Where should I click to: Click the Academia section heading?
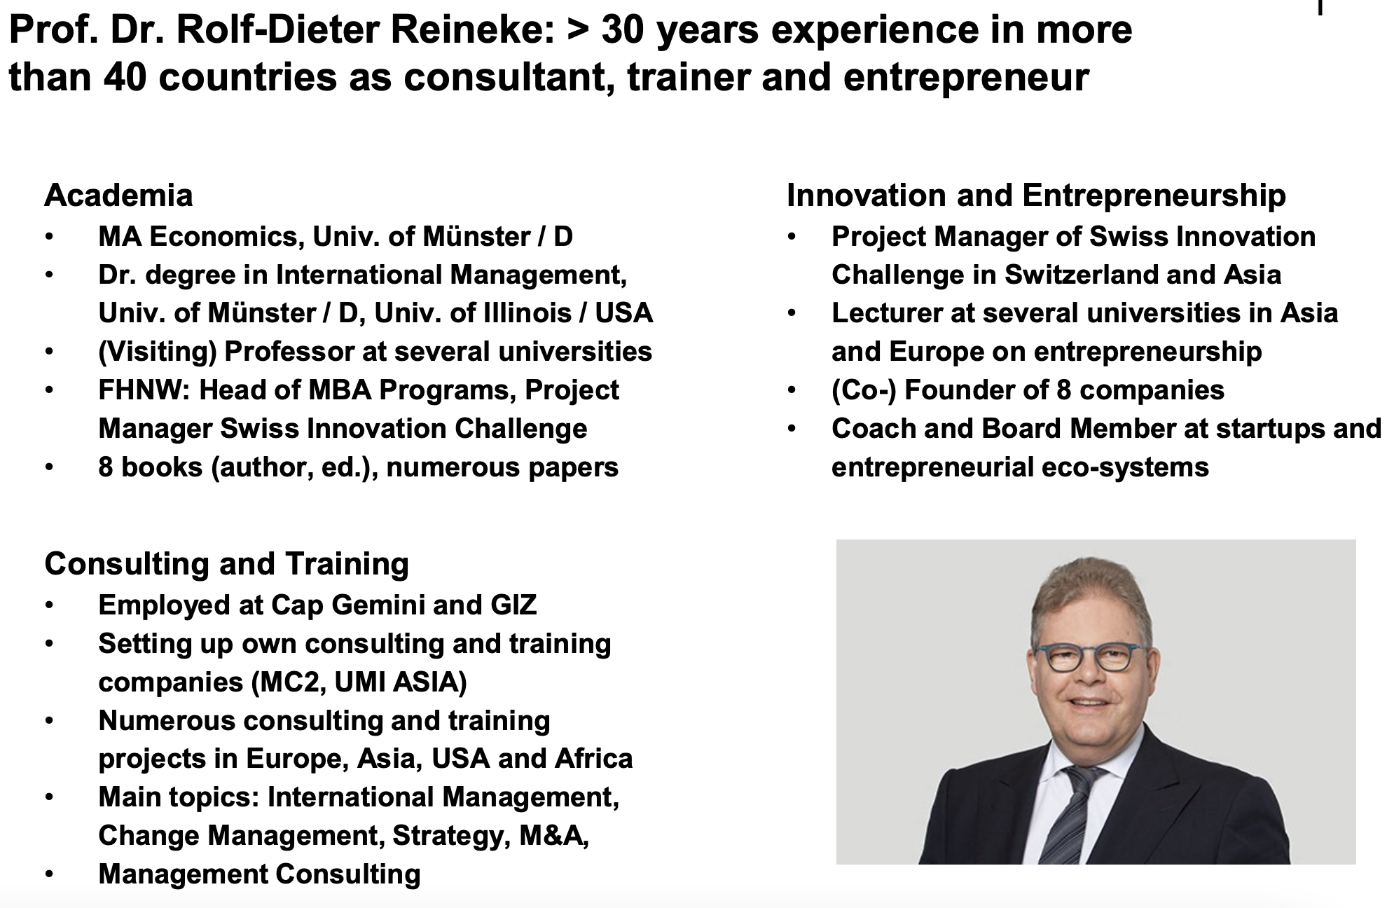pyautogui.click(x=118, y=195)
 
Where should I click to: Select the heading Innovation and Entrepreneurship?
pyautogui.click(x=1036, y=195)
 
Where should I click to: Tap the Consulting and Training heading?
pyautogui.click(x=226, y=564)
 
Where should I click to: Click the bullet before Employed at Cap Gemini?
pyautogui.click(x=49, y=605)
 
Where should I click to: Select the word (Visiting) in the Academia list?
pyautogui.click(x=158, y=352)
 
